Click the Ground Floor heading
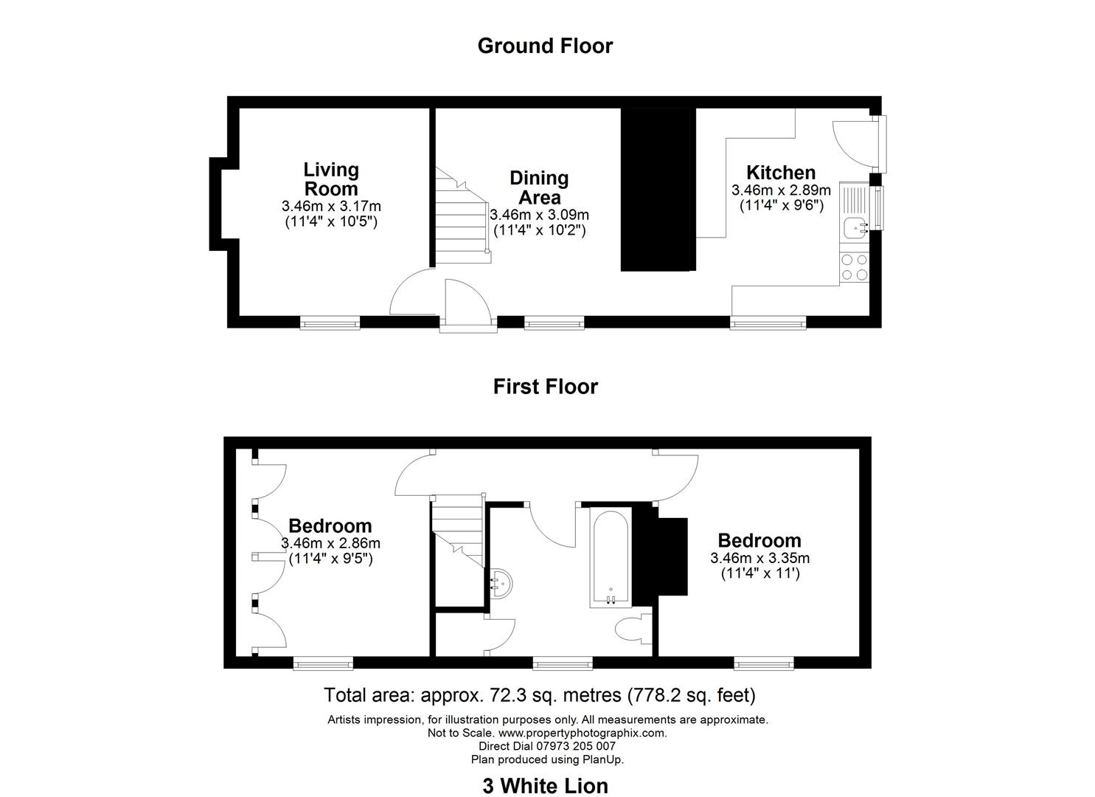pyautogui.click(x=545, y=46)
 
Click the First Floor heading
pyautogui.click(x=545, y=387)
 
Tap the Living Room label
pyautogui.click(x=331, y=179)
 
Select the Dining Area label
pyautogui.click(x=539, y=187)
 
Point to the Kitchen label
pyautogui.click(x=781, y=173)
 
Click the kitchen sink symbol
pyautogui.click(x=855, y=227)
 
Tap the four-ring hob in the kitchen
pyautogui.click(x=854, y=267)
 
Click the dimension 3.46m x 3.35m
pyautogui.click(x=759, y=558)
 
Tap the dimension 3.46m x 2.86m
pyautogui.click(x=330, y=544)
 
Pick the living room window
pyautogui.click(x=330, y=322)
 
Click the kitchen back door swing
pyautogui.click(x=852, y=144)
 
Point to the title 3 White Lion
pyautogui.click(x=545, y=786)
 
